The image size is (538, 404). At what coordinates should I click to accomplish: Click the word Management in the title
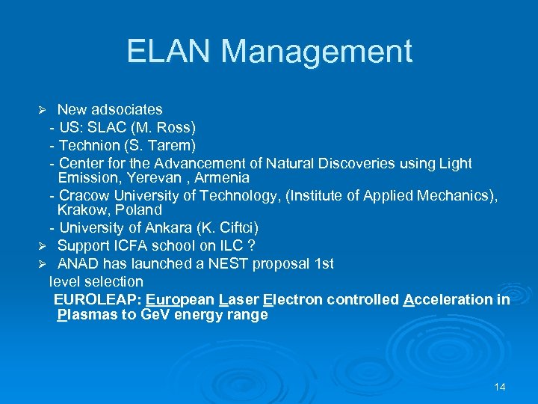click(x=317, y=52)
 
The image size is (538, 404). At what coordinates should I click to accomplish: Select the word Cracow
click(x=84, y=195)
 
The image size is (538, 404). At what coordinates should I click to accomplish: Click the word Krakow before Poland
click(x=81, y=210)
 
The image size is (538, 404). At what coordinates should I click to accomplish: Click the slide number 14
click(x=500, y=387)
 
